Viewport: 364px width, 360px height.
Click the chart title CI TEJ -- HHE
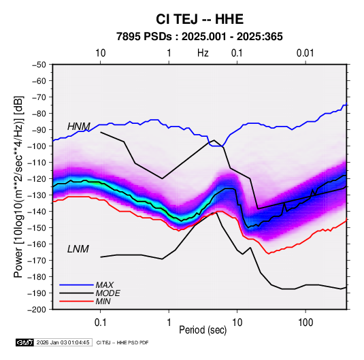click(x=199, y=19)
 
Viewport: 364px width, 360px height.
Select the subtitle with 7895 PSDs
click(x=199, y=37)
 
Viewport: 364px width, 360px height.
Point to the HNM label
click(x=79, y=127)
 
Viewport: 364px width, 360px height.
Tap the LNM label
click(x=78, y=249)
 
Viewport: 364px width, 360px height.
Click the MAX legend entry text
click(x=105, y=285)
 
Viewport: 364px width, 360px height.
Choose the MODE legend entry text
click(x=108, y=293)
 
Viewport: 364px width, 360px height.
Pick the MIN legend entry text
click(x=103, y=301)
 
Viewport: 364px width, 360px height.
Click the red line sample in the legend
click(x=76, y=301)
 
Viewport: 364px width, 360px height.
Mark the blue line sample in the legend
click(x=76, y=285)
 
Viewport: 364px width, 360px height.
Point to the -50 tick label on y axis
click(x=39, y=65)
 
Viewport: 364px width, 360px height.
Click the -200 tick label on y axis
click(x=37, y=310)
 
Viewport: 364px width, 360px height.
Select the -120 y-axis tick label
click(x=37, y=179)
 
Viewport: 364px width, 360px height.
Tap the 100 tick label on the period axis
click(x=305, y=323)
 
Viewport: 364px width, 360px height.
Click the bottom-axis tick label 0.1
click(x=100, y=323)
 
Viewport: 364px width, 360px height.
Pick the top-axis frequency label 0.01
click(x=305, y=53)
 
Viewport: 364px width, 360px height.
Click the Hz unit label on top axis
click(x=203, y=53)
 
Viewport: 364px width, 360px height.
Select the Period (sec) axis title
click(x=203, y=330)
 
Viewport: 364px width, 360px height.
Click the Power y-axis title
click(x=18, y=186)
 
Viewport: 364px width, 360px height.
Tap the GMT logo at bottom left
click(x=25, y=342)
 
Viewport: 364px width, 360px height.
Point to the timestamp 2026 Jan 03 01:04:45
click(x=63, y=342)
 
